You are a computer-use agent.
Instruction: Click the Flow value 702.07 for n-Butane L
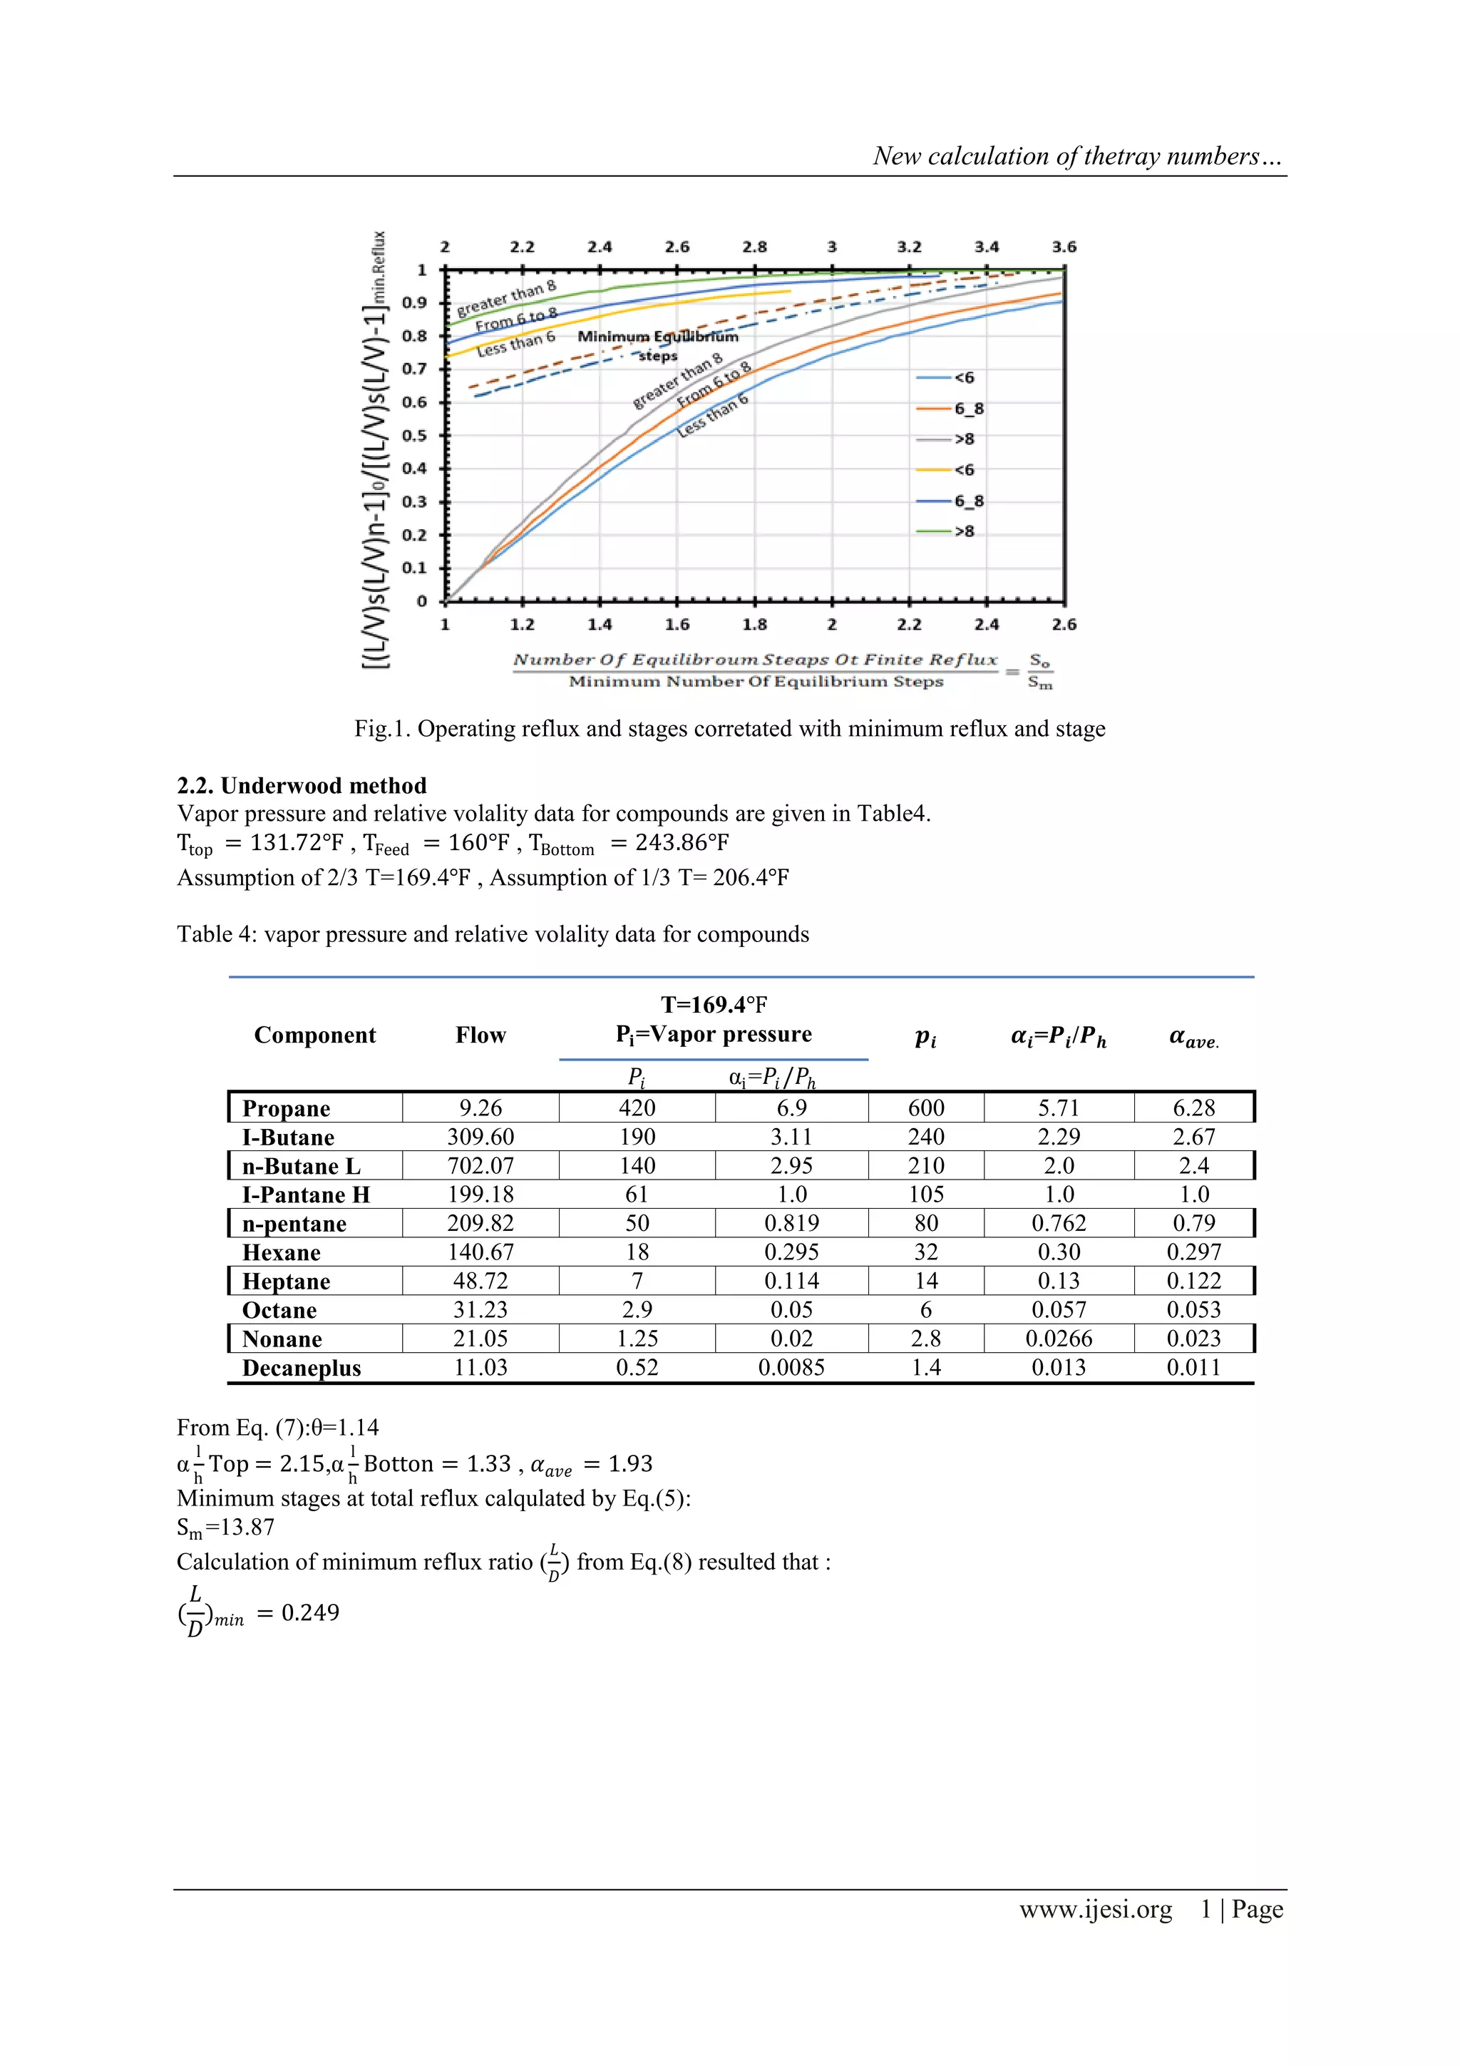pos(480,1165)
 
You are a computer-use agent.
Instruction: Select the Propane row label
pos(286,1108)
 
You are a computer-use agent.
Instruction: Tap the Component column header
pos(315,1035)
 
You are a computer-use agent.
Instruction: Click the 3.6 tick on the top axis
pos(1064,247)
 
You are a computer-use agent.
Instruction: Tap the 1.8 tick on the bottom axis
pos(754,623)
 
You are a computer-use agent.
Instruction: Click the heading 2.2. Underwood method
pos(302,786)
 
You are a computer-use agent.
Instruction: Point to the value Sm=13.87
pos(226,1527)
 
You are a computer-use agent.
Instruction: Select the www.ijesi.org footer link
pos(1095,1908)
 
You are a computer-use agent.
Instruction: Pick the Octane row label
pos(279,1309)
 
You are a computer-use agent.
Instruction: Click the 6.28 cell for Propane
pos(1193,1108)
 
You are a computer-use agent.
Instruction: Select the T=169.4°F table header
pos(714,1004)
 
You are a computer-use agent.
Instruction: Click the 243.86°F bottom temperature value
pos(682,842)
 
